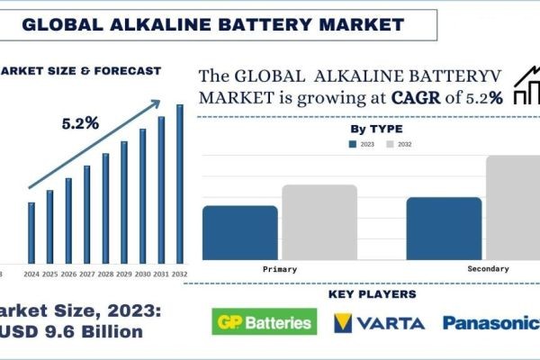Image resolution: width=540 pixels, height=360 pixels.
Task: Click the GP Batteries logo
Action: point(262,322)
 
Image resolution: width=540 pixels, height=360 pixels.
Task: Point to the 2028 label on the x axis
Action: point(105,274)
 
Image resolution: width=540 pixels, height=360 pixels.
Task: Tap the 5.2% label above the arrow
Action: point(80,122)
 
